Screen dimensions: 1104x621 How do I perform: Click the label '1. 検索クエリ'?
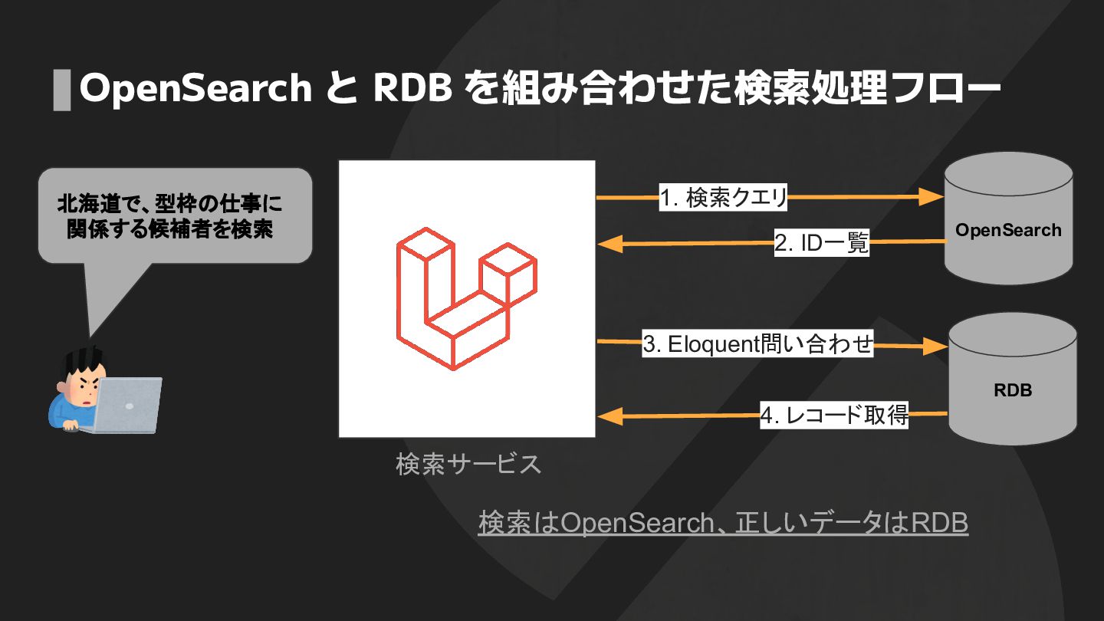[724, 199]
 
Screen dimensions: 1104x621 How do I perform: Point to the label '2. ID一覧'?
[821, 244]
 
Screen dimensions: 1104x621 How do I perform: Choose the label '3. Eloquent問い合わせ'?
[757, 345]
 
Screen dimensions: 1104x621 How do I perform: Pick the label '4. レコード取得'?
[834, 416]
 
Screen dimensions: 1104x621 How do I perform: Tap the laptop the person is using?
[127, 403]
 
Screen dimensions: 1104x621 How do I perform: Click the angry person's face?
[81, 388]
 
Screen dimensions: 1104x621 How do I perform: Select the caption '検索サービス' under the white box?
[468, 464]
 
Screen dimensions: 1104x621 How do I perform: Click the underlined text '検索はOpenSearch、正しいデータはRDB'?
[723, 523]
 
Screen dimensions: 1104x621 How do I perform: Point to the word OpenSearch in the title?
[195, 89]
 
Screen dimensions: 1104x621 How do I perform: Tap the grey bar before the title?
[61, 90]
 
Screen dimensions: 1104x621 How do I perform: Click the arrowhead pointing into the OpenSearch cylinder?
[931, 198]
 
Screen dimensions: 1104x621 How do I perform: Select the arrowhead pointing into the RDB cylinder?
[935, 347]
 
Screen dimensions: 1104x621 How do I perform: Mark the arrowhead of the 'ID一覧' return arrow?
[609, 245]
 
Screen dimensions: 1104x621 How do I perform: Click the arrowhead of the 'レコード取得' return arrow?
[609, 416]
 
